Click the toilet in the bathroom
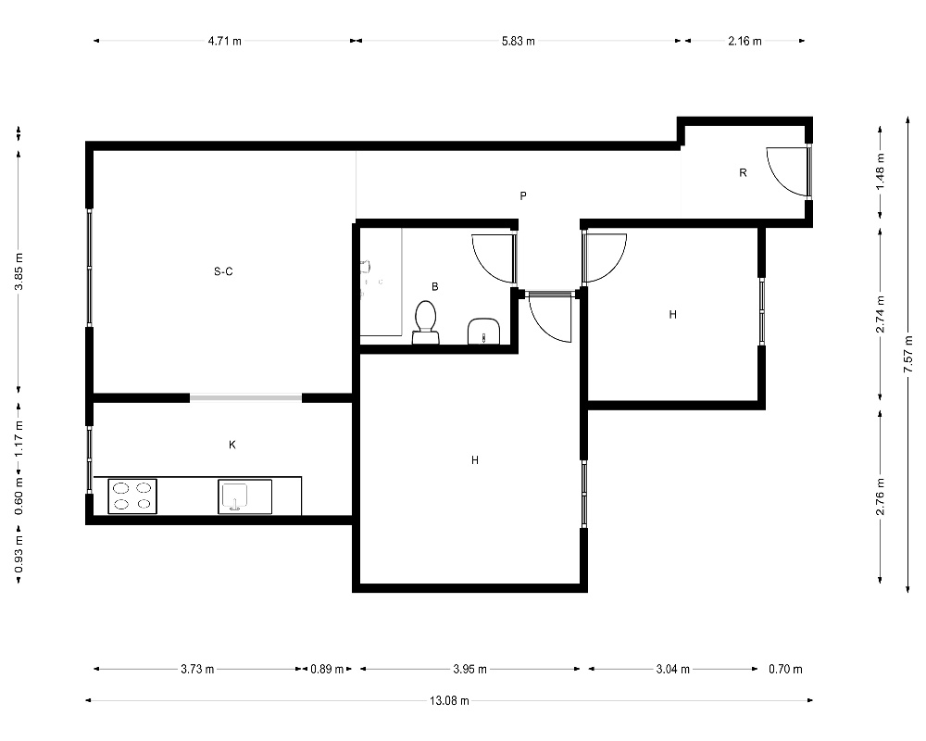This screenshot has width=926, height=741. tap(425, 322)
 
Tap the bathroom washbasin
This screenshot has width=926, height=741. tap(483, 332)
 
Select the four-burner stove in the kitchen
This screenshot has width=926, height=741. tap(132, 496)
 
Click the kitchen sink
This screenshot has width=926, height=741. tap(245, 496)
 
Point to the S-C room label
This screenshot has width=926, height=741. tap(223, 271)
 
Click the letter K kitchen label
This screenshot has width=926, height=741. tap(232, 445)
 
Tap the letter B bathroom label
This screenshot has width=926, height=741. tap(435, 286)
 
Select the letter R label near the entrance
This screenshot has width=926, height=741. tap(743, 172)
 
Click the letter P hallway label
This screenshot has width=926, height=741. tap(522, 195)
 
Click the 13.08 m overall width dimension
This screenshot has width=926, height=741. tap(449, 701)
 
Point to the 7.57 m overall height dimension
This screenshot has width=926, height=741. tap(908, 354)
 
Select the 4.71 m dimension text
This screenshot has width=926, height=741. tap(224, 41)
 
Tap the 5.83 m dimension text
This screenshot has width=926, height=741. tap(519, 41)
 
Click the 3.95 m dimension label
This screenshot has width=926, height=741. tap(470, 669)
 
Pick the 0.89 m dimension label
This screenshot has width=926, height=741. tap(327, 669)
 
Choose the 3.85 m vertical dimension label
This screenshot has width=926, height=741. tap(19, 271)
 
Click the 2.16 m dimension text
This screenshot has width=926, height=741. tap(745, 41)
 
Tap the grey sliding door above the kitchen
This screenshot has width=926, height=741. tap(245, 397)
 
